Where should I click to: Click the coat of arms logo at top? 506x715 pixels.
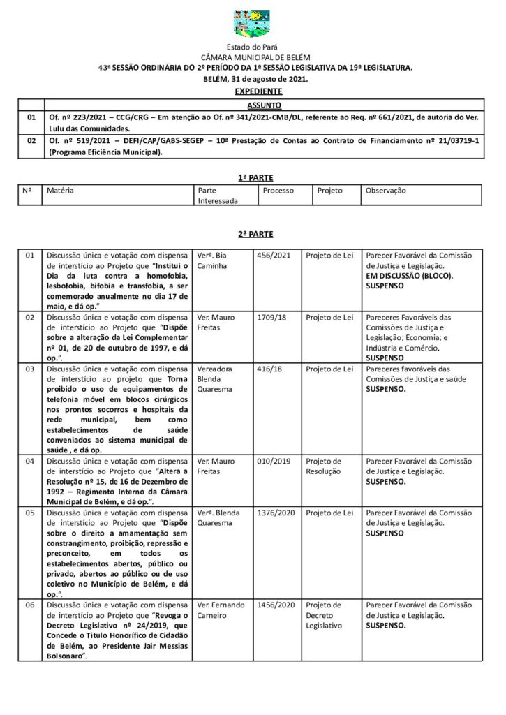coord(252,24)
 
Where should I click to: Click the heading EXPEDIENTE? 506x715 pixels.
coord(258,91)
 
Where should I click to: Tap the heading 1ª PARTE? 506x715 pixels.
coord(253,178)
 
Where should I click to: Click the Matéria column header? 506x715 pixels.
coord(61,190)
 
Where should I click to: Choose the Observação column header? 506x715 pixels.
coord(385,190)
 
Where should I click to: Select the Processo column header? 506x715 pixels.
coord(278,190)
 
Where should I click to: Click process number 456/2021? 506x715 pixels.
coord(273,256)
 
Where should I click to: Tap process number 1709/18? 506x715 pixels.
coord(271,317)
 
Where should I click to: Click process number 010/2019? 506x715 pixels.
coord(273,461)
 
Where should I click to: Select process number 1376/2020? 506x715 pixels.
coord(276,513)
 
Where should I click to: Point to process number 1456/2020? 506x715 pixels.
coord(276,605)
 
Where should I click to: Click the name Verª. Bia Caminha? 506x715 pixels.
coord(214,260)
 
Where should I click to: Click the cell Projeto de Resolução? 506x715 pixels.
coord(324,466)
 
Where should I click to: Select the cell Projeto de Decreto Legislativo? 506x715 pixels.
coord(324,615)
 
